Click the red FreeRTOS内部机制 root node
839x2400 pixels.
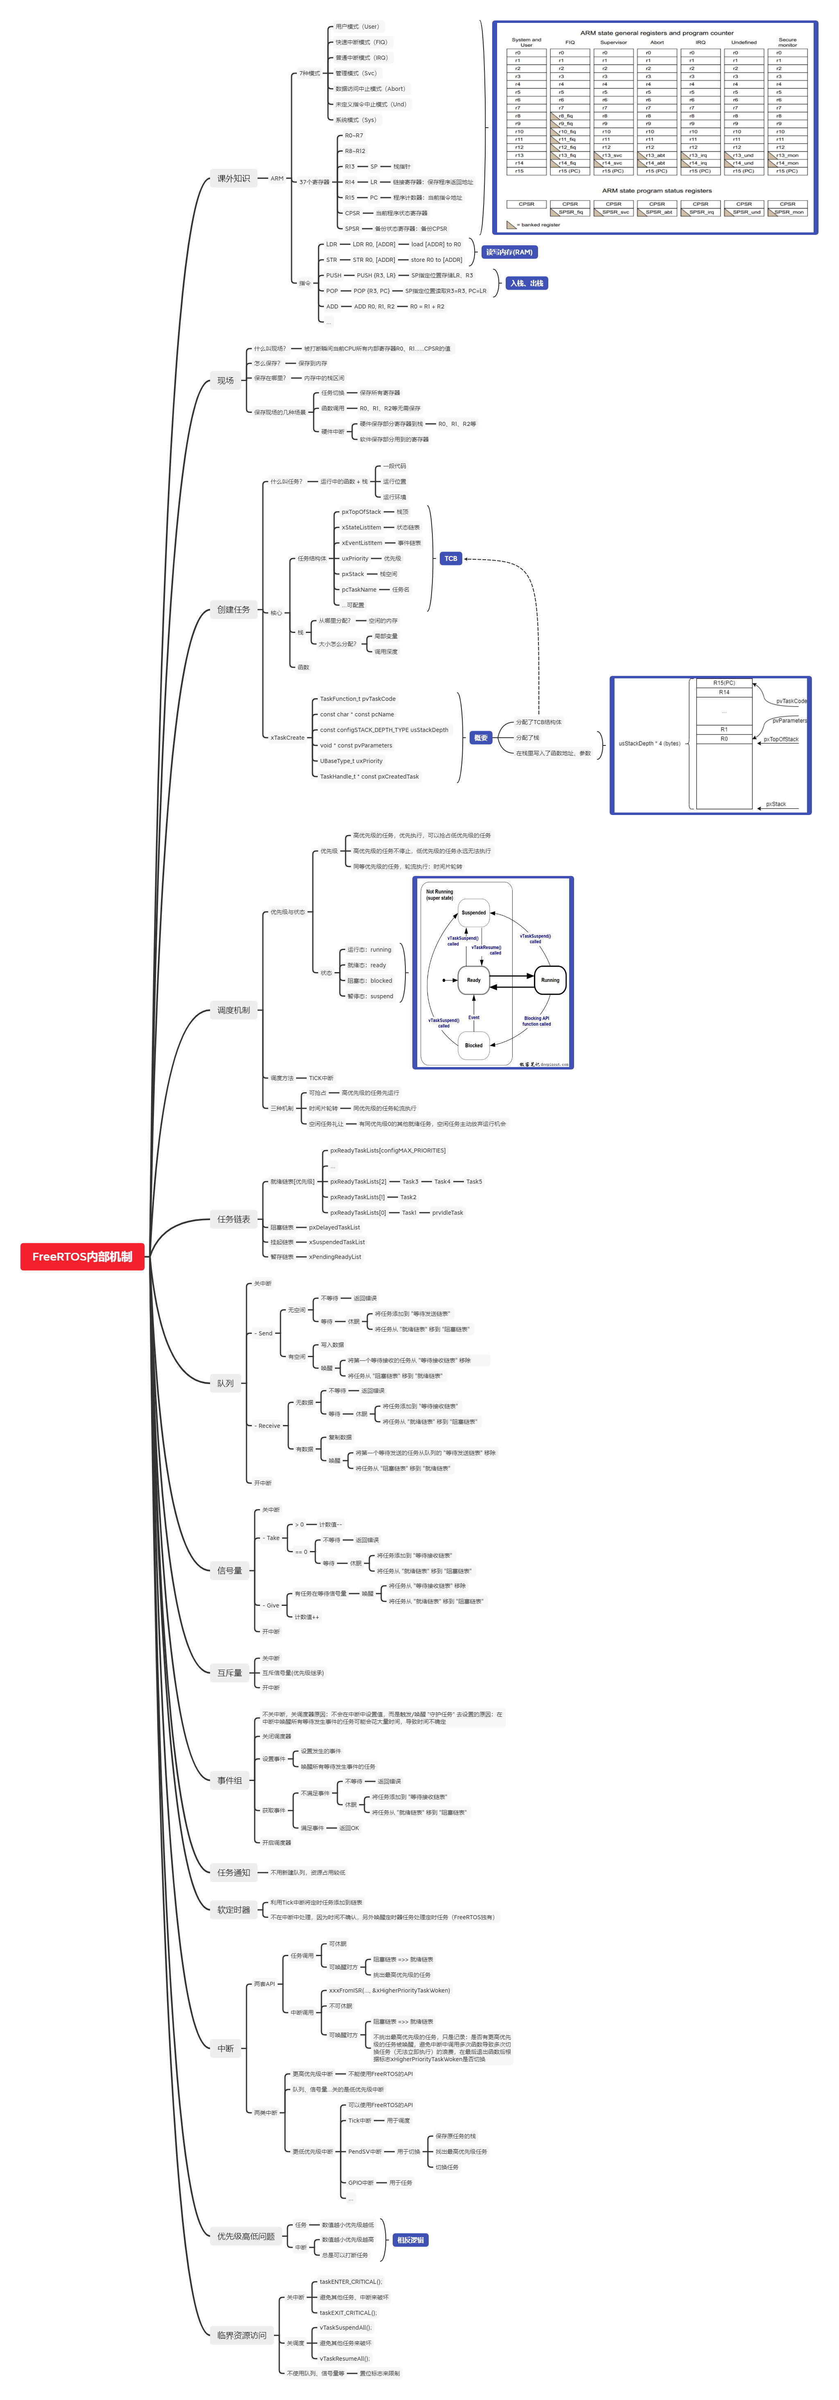coord(82,1256)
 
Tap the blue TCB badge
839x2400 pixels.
coord(450,558)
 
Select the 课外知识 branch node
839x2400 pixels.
coord(233,178)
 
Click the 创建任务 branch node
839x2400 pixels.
coord(233,609)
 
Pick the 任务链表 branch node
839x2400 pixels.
coord(233,1219)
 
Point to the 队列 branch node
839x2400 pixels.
coord(226,1382)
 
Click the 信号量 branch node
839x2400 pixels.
coord(229,1570)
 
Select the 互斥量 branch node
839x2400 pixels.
coord(229,1673)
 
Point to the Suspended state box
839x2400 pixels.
coord(474,912)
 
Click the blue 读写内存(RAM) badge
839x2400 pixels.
coord(509,252)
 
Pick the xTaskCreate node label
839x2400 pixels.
coord(287,737)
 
